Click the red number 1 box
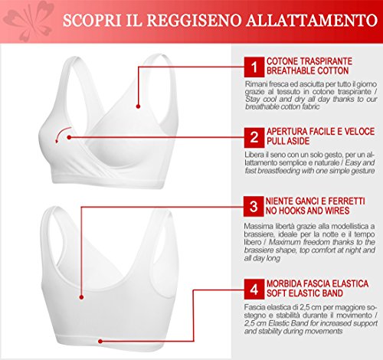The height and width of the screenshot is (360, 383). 254,67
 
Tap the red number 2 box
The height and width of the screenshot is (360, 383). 254,138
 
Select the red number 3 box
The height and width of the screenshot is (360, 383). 254,206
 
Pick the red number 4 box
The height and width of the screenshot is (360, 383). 254,289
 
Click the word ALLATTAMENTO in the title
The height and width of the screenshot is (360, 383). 312,21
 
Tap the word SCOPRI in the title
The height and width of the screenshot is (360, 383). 92,21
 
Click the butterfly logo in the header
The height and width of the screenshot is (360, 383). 28,21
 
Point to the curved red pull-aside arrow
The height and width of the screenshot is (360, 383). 61,133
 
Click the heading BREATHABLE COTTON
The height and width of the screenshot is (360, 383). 308,70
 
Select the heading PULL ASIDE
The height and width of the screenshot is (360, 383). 288,141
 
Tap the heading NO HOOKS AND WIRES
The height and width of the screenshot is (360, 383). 307,211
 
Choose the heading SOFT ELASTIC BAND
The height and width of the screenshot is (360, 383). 305,293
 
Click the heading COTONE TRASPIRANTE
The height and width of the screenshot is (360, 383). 309,61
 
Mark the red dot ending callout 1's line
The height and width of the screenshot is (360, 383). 138,106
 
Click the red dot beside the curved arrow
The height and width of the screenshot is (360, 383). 69,137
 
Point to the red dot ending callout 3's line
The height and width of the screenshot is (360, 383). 81,297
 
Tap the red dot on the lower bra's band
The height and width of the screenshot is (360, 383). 100,341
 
